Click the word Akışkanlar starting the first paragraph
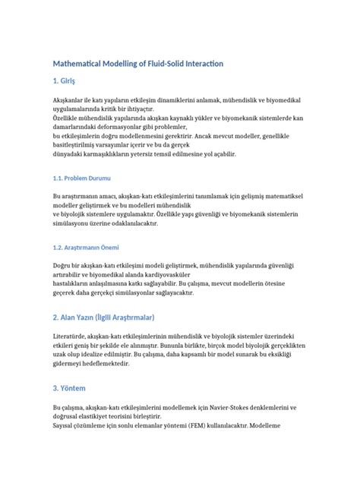[x=68, y=100]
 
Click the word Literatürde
[x=69, y=336]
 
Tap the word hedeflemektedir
[x=104, y=364]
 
